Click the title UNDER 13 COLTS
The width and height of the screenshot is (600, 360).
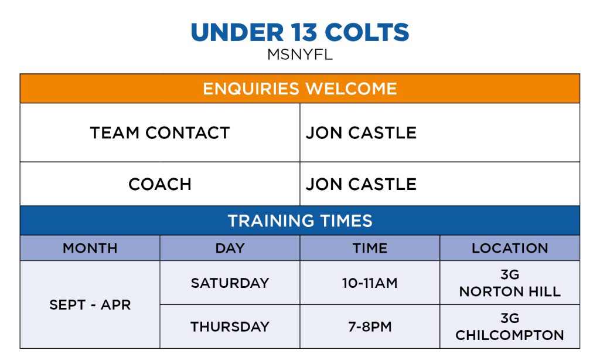[x=300, y=32]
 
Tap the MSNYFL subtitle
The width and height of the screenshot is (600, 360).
[x=300, y=55]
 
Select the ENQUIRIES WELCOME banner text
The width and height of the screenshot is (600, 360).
[x=300, y=89]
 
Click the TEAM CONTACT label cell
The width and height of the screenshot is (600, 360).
[x=160, y=133]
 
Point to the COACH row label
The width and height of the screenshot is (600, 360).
[x=160, y=184]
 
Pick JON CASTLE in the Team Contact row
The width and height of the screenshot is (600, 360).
[x=361, y=133]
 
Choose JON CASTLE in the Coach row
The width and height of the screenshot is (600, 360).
[x=361, y=184]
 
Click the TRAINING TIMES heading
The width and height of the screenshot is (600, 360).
[x=300, y=220]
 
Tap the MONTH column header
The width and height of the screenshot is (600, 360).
[x=90, y=248]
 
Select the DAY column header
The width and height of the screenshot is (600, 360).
[x=230, y=248]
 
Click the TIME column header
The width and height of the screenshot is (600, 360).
[x=370, y=248]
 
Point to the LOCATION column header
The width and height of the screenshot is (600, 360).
[x=510, y=248]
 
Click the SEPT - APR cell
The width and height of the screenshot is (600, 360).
[x=90, y=305]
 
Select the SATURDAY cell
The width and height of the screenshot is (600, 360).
[x=230, y=283]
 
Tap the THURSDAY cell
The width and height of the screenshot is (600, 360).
[x=230, y=327]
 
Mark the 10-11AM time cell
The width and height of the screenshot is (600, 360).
[x=370, y=283]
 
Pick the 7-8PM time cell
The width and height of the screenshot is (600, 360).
[x=370, y=327]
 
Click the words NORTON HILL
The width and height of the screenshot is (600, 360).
[x=510, y=292]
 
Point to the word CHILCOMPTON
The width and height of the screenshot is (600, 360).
[x=510, y=335]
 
